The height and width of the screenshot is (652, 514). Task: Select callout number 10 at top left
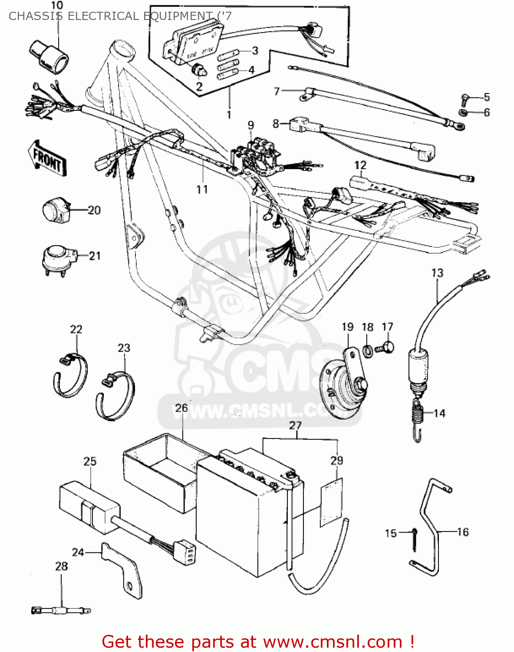pos(56,6)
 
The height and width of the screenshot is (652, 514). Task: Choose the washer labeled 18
pos(367,350)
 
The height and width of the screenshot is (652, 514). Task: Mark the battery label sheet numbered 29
pos(331,502)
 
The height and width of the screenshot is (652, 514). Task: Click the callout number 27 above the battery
pos(295,425)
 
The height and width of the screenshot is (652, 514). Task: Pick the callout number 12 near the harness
pos(360,165)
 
